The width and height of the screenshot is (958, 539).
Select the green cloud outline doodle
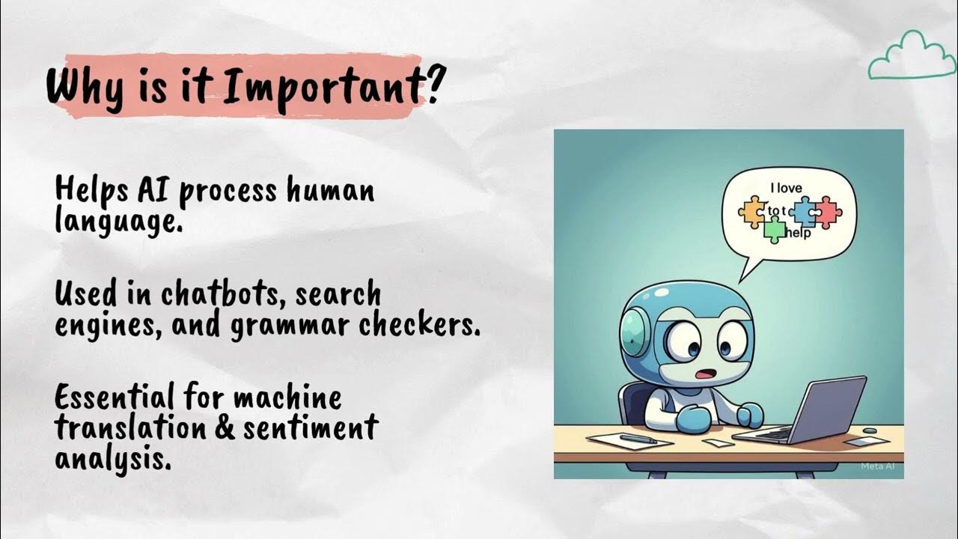(x=906, y=55)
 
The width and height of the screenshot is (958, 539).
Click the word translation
(x=145, y=428)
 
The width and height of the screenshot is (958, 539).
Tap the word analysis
(x=112, y=459)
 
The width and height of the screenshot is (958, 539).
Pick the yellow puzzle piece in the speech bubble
(x=752, y=212)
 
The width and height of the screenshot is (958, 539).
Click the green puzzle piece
(x=774, y=231)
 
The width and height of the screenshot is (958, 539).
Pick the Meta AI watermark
(x=878, y=466)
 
